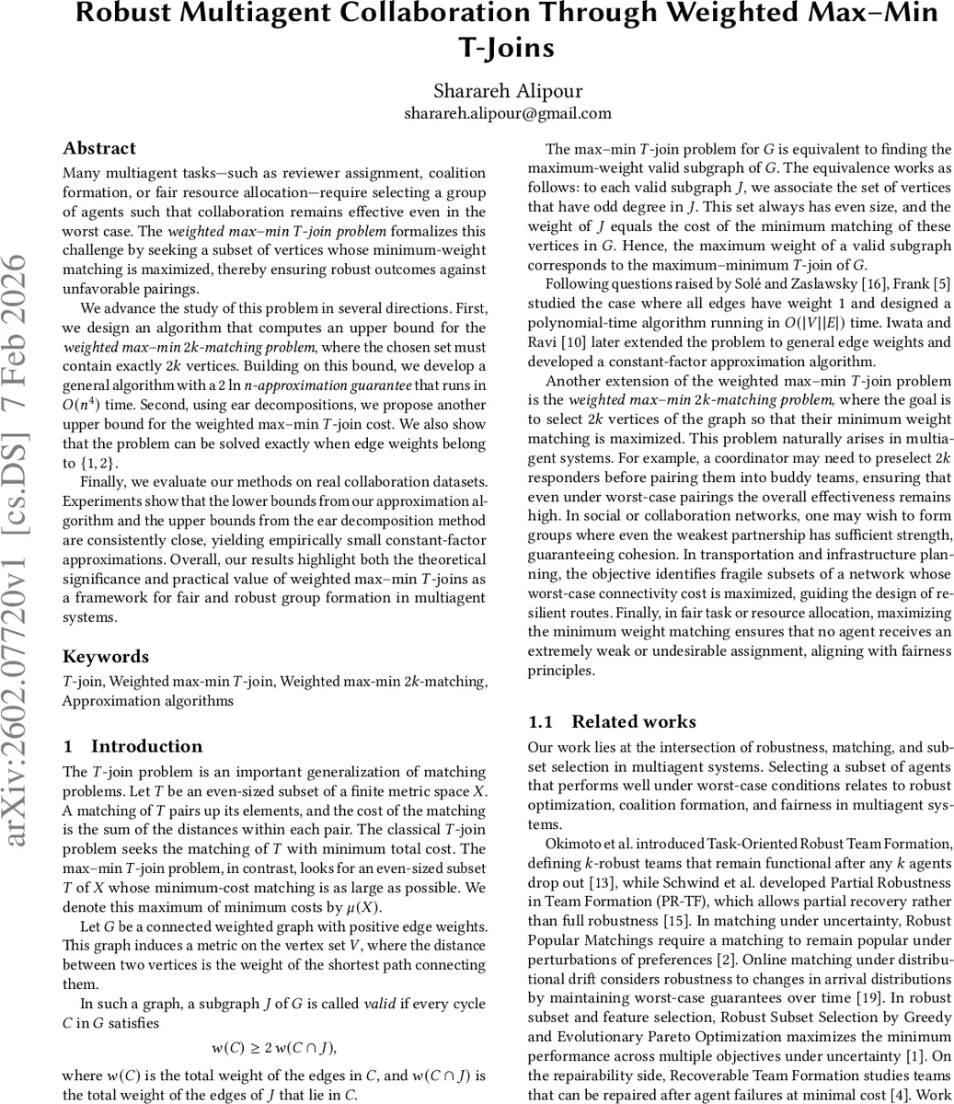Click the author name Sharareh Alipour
pos(507,90)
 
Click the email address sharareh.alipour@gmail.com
pos(507,113)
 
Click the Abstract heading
pos(99,148)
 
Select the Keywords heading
pos(105,656)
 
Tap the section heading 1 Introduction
pos(132,746)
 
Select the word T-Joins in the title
pos(507,46)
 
